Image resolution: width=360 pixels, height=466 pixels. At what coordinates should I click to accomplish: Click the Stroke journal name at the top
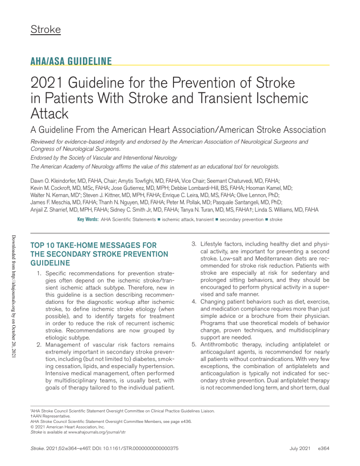[x=45, y=30]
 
